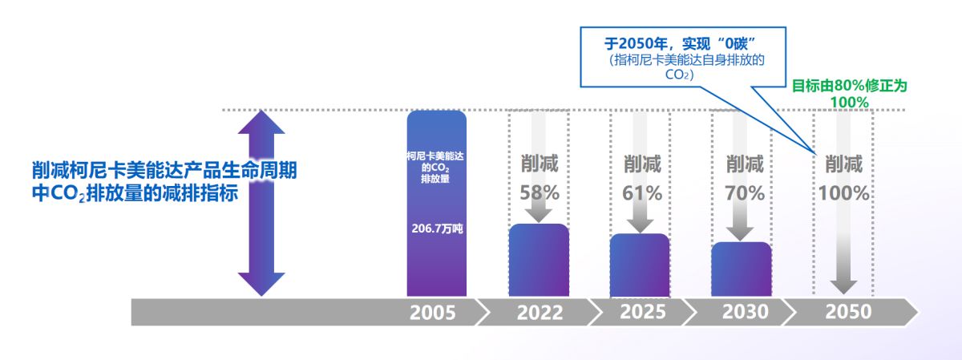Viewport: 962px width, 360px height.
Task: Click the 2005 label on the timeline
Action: pyautogui.click(x=432, y=312)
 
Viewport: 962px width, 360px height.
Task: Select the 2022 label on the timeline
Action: pyautogui.click(x=540, y=312)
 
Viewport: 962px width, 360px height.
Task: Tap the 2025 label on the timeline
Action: pyautogui.click(x=642, y=312)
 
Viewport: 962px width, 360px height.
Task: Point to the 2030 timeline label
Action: pyautogui.click(x=745, y=312)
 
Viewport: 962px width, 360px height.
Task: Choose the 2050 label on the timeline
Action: pyautogui.click(x=847, y=312)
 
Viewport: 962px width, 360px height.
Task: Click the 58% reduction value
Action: pyautogui.click(x=539, y=193)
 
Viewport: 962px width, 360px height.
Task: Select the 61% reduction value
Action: pyautogui.click(x=642, y=193)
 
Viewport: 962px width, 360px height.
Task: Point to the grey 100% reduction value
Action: pyautogui.click(x=845, y=193)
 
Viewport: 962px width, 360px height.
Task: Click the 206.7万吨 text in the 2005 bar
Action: pyautogui.click(x=435, y=229)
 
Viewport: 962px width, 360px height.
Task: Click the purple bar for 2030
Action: pyautogui.click(x=741, y=269)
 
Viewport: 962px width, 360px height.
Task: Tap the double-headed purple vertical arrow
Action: pyautogui.click(x=262, y=202)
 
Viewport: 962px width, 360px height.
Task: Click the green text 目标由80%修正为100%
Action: pyautogui.click(x=850, y=94)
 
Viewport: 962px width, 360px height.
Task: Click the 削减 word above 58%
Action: pyautogui.click(x=539, y=165)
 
